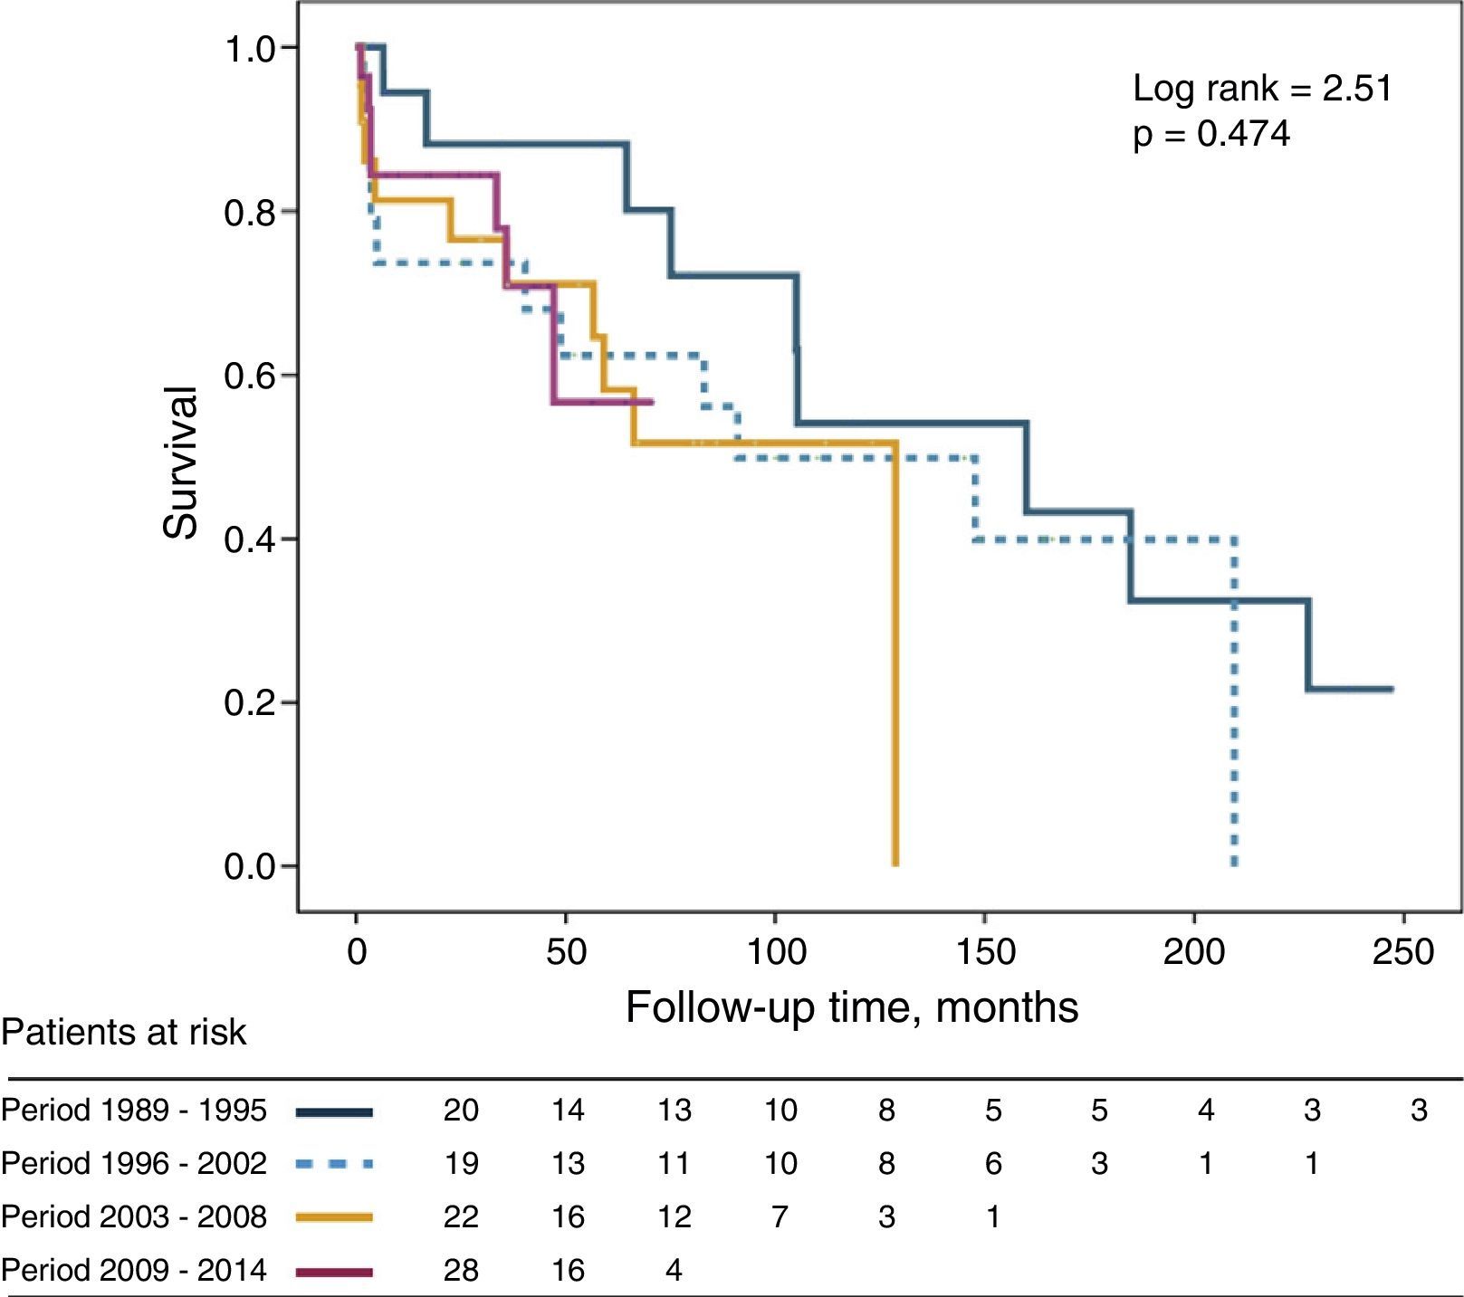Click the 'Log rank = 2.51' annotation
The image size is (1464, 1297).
tap(1262, 89)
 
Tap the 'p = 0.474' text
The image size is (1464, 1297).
tap(1211, 134)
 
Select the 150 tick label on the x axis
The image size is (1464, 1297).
tap(984, 952)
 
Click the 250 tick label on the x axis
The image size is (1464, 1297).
tap(1402, 952)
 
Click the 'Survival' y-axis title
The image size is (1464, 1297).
tap(181, 463)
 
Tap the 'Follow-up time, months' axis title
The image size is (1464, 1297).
tap(851, 1007)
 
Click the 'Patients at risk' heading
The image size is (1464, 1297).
tap(124, 1033)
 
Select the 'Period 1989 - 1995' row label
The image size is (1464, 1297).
tap(134, 1111)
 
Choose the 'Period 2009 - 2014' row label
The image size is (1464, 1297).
tap(134, 1271)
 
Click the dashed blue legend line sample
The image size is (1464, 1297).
tap(334, 1164)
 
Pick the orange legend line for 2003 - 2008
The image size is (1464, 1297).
tap(334, 1217)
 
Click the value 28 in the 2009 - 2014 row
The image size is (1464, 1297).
tap(461, 1271)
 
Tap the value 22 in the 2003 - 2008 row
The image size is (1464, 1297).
tap(461, 1217)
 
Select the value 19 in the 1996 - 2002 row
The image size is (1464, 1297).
tap(461, 1164)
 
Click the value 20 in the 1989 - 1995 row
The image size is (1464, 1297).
tap(461, 1111)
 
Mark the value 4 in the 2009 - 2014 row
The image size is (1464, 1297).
tap(674, 1271)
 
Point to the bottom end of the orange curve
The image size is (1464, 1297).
tap(895, 863)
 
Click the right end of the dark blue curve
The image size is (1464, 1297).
tap(1391, 690)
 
